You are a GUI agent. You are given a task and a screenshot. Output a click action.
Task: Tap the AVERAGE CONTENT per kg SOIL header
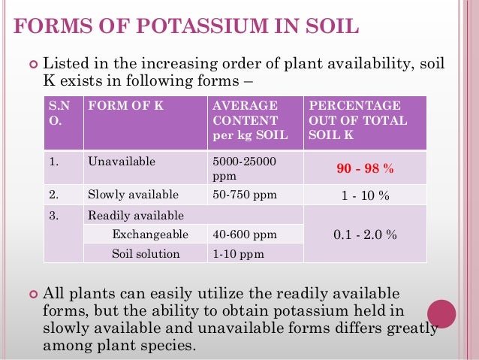245,119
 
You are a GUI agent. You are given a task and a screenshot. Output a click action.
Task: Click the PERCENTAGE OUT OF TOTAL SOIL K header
354,119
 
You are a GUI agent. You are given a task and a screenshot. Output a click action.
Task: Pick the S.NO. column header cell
56,113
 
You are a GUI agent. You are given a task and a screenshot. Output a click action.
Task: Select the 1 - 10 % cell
365,195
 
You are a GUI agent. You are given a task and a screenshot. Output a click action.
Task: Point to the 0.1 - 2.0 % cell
365,234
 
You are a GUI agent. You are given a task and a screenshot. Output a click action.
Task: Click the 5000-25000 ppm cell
244,168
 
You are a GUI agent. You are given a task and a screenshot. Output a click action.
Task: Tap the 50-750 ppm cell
245,195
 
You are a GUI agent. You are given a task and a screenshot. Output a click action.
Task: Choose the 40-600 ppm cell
245,234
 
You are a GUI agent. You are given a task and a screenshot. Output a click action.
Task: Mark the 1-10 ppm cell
239,254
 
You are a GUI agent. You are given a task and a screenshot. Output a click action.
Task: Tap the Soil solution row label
146,254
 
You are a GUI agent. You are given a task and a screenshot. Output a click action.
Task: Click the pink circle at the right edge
442,313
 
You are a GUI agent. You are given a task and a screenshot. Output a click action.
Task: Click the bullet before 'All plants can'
32,293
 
